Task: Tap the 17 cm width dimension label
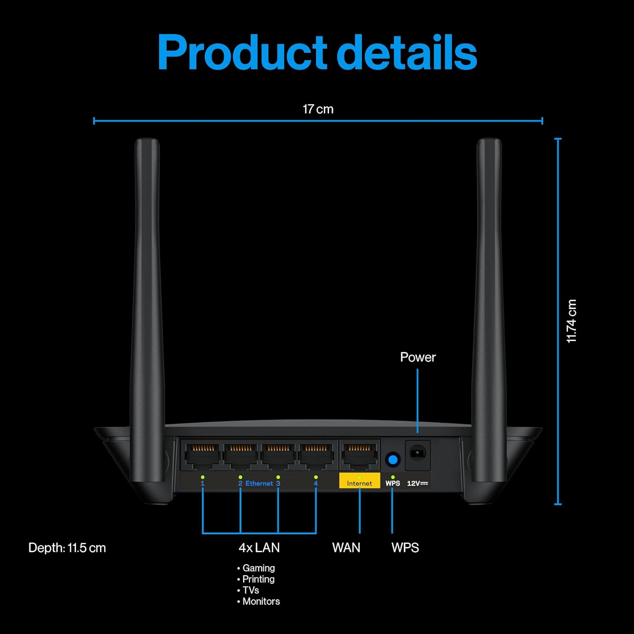(318, 109)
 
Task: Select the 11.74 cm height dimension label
(571, 321)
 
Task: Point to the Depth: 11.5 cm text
(67, 548)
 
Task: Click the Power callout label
(418, 357)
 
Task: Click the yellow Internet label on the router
(359, 483)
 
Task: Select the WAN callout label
(346, 548)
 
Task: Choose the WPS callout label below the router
(405, 548)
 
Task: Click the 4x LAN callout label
(259, 548)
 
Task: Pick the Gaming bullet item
(258, 568)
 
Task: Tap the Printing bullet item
(258, 579)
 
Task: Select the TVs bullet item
(250, 590)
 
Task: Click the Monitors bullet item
(261, 601)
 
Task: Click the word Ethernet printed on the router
(259, 483)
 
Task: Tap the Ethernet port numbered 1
(202, 456)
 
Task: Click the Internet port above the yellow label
(359, 456)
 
